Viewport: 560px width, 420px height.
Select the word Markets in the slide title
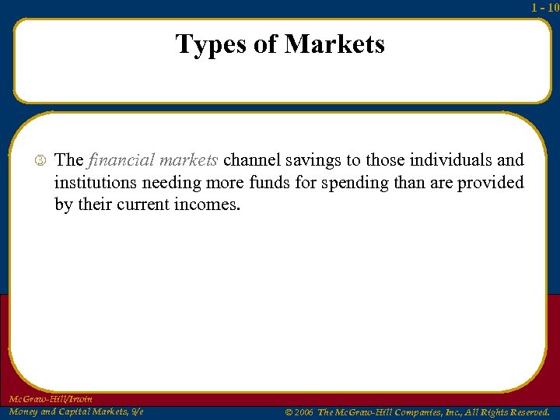334,44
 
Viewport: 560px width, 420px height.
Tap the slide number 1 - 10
544,7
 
